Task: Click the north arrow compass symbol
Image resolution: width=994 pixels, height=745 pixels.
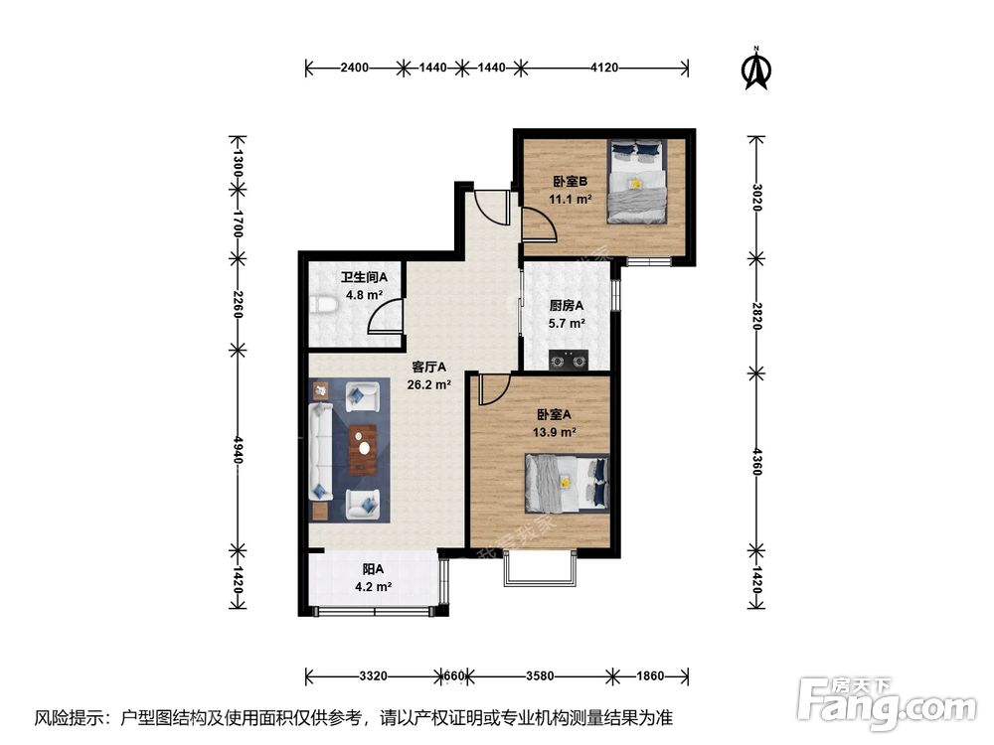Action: point(756,69)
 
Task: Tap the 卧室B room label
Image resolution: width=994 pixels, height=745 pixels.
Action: point(570,182)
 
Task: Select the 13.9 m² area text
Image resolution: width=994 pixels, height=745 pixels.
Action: point(554,433)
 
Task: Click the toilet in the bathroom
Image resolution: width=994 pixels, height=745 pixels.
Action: point(325,305)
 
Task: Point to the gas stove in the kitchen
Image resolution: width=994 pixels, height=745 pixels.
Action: point(568,360)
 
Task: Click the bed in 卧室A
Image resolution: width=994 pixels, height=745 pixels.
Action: point(567,484)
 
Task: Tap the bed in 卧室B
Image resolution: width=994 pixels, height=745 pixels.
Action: point(636,181)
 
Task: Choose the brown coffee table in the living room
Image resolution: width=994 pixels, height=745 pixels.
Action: point(363,449)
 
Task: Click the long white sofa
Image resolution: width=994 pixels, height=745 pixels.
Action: point(321,451)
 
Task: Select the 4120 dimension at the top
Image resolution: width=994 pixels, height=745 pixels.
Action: point(603,68)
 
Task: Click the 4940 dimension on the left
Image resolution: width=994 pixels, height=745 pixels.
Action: point(238,449)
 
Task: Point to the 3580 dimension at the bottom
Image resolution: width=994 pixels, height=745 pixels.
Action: point(540,675)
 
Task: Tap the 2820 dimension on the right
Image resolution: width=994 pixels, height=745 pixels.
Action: point(756,315)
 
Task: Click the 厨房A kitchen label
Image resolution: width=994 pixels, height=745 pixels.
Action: point(567,305)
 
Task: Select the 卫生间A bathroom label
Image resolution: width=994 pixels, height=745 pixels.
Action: point(364,277)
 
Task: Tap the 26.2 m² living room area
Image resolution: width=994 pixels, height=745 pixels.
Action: point(429,383)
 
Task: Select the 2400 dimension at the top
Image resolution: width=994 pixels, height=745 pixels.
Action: point(355,68)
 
